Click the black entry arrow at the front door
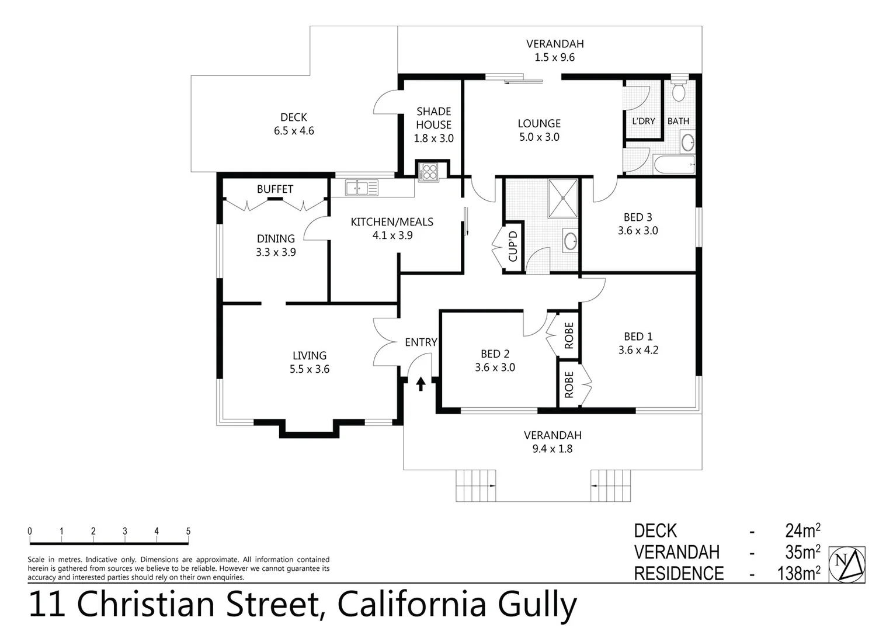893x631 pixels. [x=421, y=384]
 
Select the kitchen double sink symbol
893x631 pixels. [x=362, y=188]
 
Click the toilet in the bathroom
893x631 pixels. [x=678, y=90]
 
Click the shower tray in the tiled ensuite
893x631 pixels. [x=562, y=198]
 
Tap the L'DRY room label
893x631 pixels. [x=643, y=121]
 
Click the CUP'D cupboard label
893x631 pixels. [x=513, y=247]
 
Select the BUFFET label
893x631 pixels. [x=275, y=189]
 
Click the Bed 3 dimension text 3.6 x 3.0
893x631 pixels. [x=638, y=231]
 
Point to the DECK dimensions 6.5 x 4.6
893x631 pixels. [x=294, y=131]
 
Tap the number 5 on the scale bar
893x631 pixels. [x=188, y=531]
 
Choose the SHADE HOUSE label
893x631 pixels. [x=433, y=118]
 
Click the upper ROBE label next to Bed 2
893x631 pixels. [x=569, y=335]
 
